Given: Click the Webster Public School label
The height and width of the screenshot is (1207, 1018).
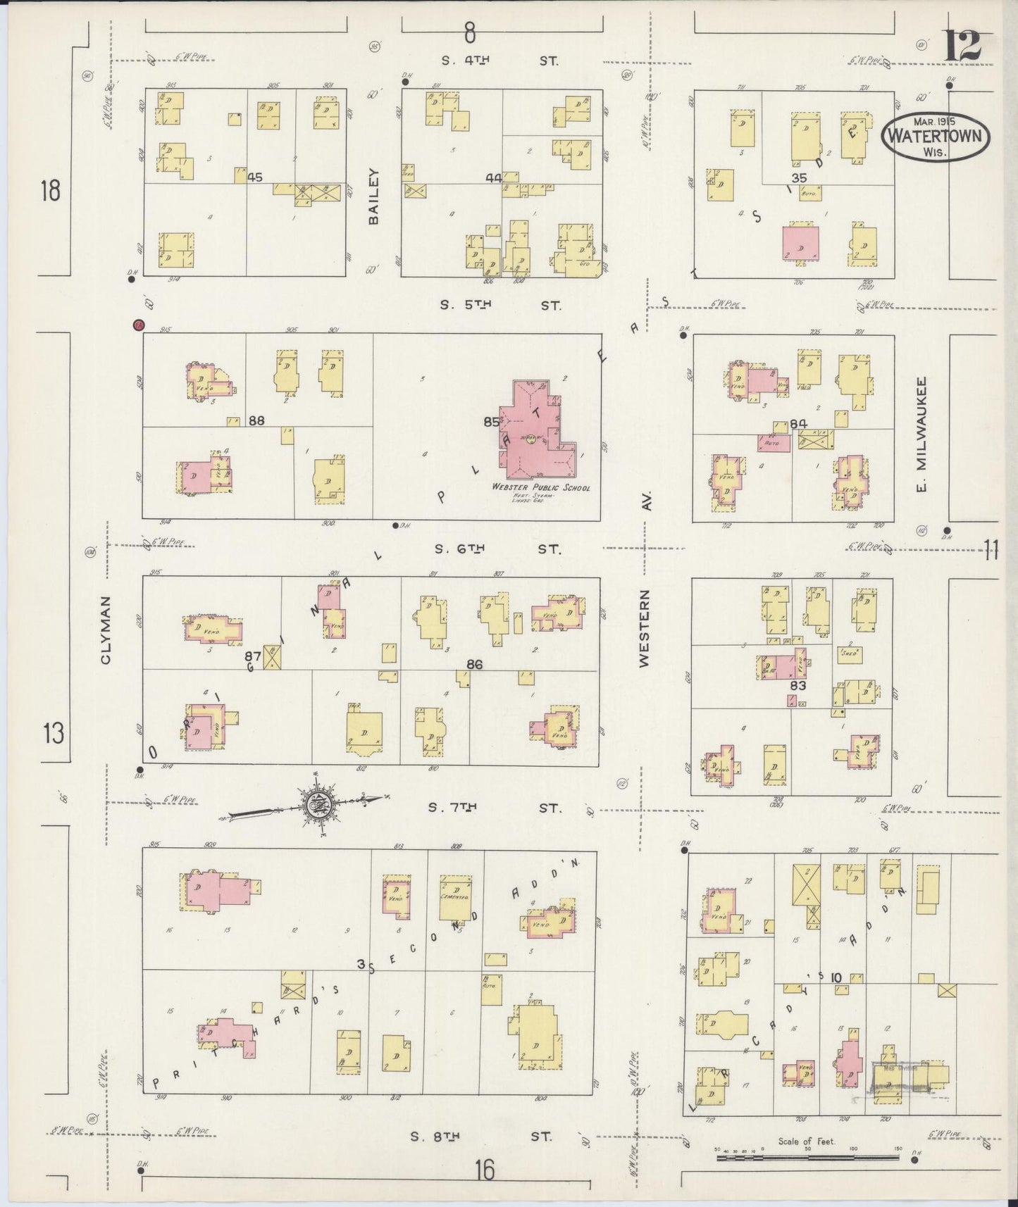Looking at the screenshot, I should point(541,487).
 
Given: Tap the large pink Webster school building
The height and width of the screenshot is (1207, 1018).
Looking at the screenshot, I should point(535,437).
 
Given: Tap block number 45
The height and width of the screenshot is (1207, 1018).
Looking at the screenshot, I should point(255,177).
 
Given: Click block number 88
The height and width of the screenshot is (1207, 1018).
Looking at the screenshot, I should point(256,420).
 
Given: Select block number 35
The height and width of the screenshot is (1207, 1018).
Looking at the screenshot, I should point(798,177).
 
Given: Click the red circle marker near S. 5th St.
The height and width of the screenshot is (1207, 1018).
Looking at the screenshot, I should point(139,325).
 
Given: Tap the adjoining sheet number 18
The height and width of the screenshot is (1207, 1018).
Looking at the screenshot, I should point(50,191).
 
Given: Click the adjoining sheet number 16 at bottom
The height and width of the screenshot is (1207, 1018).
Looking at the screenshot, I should point(484,1170).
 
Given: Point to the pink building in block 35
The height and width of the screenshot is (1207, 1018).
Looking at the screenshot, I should point(801,242).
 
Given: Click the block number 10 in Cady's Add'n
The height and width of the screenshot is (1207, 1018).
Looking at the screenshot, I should point(836,977).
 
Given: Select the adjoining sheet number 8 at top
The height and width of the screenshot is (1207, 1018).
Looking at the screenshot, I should point(470,32).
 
